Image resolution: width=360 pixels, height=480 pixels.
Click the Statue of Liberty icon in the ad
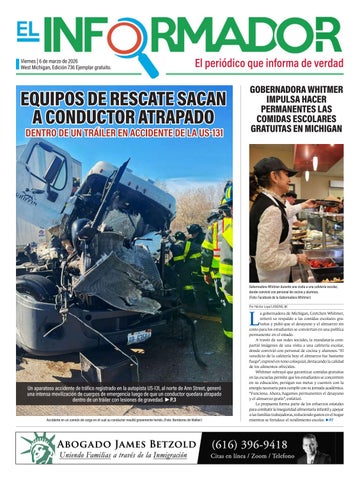tap(36, 448)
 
